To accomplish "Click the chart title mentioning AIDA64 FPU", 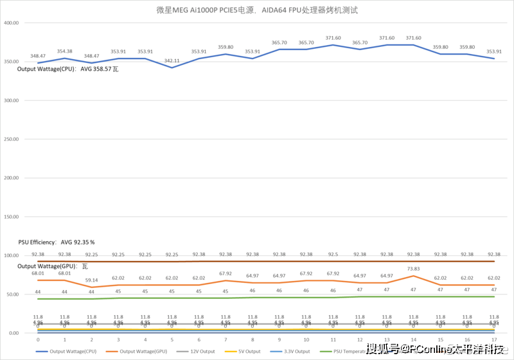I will coord(257,10).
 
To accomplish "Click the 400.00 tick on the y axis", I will coord(12,22).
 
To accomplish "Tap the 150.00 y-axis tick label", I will coord(12,217).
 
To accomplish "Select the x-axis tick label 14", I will coord(413,339).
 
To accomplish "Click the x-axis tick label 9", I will coord(279,339).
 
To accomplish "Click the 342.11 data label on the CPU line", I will coord(172,60).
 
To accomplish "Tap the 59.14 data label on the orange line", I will coord(91,280).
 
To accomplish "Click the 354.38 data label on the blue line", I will coord(64,51).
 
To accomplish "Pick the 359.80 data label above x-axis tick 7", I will coord(226,47).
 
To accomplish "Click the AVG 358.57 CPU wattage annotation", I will coord(68,69).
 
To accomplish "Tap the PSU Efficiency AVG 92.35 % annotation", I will coord(57,242).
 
